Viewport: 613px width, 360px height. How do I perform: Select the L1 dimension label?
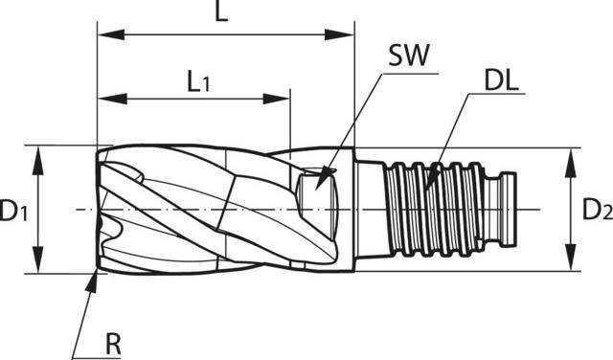point(198,81)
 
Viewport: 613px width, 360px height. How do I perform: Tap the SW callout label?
point(409,56)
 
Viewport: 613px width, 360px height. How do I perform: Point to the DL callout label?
point(502,80)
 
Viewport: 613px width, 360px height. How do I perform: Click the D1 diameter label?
point(13,210)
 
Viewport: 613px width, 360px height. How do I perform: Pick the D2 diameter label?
point(598,209)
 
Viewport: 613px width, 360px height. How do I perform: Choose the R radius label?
point(114,344)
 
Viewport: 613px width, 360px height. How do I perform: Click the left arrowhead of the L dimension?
point(111,34)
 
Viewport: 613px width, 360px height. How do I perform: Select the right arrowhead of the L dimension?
point(339,34)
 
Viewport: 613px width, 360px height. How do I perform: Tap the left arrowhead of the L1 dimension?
point(112,99)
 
